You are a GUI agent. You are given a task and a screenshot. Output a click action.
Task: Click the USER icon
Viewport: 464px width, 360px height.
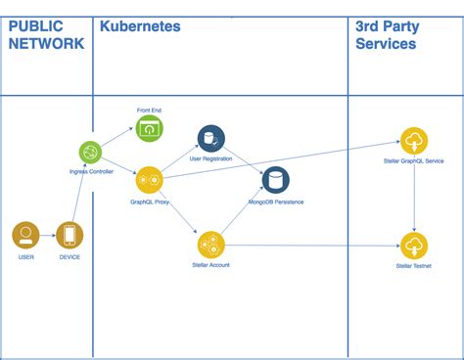tap(25, 236)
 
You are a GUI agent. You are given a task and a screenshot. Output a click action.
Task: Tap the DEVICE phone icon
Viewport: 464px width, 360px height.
tap(70, 236)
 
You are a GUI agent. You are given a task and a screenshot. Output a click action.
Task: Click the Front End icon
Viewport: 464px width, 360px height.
tap(150, 128)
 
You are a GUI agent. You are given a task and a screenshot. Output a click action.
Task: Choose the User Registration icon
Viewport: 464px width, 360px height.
tap(210, 138)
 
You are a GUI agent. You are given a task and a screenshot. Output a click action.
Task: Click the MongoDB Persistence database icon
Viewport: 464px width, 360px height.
tap(276, 180)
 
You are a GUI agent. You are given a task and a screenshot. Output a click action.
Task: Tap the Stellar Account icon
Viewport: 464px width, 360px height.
tap(210, 245)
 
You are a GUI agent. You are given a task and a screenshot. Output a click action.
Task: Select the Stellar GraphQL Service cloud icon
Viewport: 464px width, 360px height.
tap(413, 140)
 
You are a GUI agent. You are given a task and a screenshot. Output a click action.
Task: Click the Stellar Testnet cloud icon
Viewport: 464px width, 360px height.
tap(413, 245)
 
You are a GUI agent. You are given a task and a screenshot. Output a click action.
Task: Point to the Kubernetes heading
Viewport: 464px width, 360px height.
tap(141, 27)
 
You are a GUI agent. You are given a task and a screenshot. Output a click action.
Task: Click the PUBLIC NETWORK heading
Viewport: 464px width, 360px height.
tap(45, 35)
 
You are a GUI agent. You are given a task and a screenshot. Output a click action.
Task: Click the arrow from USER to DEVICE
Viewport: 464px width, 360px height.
tap(47, 236)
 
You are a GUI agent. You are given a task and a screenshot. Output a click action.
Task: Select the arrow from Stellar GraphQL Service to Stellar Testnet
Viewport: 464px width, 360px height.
tap(413, 193)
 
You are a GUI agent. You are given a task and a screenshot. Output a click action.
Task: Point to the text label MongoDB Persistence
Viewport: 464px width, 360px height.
tap(276, 202)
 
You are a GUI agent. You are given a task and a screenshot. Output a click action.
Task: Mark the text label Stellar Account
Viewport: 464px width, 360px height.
tap(210, 265)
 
